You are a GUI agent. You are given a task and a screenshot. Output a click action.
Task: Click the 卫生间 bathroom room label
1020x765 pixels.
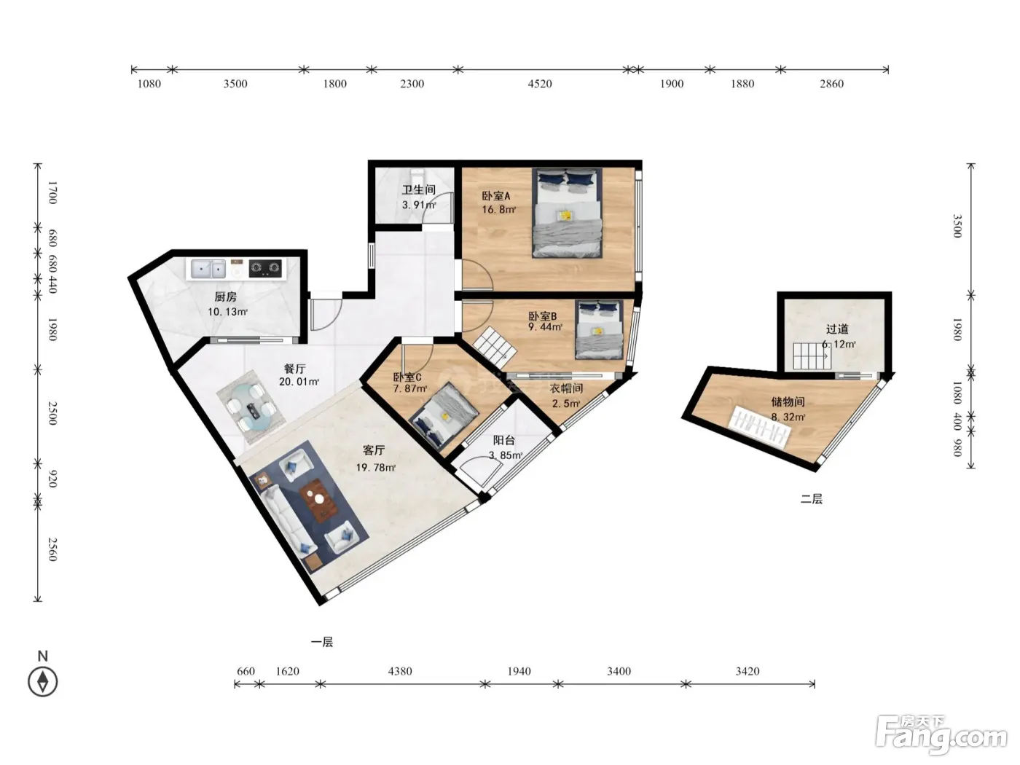(419, 189)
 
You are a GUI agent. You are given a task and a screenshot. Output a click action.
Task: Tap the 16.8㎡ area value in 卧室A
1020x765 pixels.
(498, 210)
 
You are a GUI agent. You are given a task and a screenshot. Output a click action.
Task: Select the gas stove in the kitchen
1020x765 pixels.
(265, 267)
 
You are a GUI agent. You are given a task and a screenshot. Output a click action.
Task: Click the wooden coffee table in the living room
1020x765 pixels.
(319, 499)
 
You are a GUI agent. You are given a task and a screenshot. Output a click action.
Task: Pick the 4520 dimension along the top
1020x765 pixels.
(540, 84)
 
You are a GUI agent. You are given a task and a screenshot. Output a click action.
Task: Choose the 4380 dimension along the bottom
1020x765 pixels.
(400, 671)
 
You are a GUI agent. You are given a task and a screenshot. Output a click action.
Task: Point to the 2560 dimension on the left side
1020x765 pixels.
(52, 549)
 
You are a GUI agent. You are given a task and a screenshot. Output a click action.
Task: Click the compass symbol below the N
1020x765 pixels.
(43, 682)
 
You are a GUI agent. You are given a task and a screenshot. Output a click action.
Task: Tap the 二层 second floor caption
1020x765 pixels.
(812, 499)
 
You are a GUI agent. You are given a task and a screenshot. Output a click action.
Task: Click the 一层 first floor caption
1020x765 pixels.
(322, 643)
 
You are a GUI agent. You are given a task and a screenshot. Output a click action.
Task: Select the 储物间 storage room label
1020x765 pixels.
(788, 401)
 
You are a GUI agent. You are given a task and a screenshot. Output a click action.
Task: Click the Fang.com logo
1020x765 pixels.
(941, 735)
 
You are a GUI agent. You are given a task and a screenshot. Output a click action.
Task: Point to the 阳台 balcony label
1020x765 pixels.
(503, 440)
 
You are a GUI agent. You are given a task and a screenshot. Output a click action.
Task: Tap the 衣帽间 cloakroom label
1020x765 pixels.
(566, 388)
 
